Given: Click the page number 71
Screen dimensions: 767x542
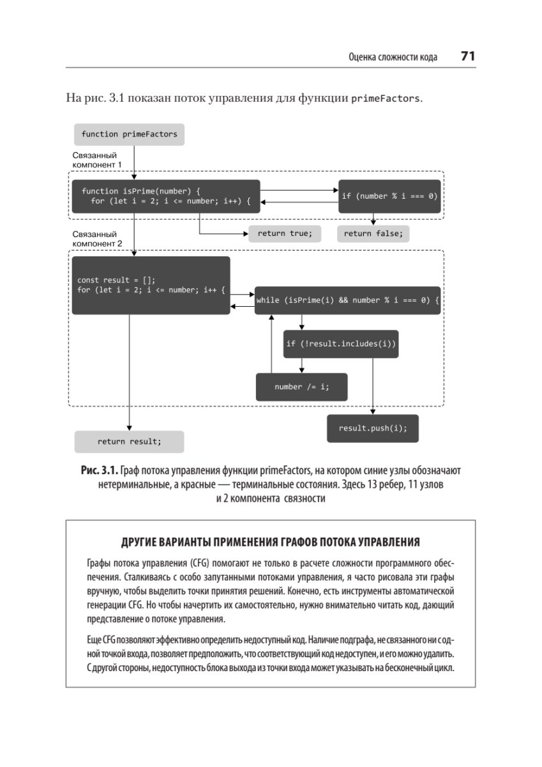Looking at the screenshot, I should tap(468, 56).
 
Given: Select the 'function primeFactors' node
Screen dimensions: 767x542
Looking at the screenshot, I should tap(129, 134).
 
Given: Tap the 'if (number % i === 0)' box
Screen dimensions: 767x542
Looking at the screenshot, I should tap(389, 196).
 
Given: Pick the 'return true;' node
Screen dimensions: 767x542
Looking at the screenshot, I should tap(285, 233).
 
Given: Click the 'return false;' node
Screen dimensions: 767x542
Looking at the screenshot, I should tap(373, 233).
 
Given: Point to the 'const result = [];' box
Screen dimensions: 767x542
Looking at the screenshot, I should tap(151, 285).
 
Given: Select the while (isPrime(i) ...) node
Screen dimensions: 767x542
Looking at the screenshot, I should tap(347, 300).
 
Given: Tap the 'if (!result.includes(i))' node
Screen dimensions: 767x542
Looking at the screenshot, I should tap(341, 344).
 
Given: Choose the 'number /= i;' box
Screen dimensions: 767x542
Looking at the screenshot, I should tap(302, 387).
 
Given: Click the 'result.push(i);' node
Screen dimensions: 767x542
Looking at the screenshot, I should tap(373, 428).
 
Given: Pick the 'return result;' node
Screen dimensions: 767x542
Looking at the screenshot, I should tap(129, 442).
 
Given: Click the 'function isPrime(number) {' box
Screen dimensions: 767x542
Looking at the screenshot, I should tap(165, 196).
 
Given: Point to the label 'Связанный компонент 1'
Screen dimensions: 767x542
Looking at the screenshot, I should tap(97, 160).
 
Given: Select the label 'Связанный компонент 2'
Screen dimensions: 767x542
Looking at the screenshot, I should tap(97, 239).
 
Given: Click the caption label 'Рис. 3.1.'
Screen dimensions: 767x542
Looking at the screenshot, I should tap(99, 470).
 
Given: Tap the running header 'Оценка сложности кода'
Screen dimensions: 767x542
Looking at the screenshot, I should tap(393, 57).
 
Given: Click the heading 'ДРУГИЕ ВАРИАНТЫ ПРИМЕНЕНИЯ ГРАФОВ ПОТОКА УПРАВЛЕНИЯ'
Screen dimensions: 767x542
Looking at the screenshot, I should tap(270, 543).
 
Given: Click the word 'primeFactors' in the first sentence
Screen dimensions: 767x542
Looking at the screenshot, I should tap(386, 99).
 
